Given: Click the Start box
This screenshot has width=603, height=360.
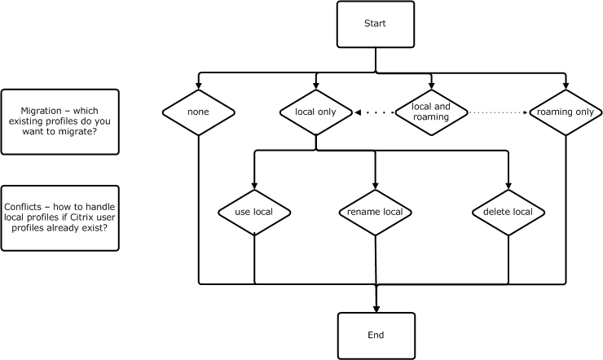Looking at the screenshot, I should click(375, 24).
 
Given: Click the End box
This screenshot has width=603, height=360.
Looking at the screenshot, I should click(376, 336).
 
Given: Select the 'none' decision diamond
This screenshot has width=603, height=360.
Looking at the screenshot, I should click(198, 112).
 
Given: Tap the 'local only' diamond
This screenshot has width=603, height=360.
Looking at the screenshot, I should click(315, 112).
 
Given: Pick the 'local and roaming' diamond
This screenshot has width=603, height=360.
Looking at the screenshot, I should click(431, 112).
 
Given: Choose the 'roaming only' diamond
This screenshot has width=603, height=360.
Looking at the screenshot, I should click(566, 112).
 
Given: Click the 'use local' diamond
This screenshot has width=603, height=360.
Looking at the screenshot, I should click(254, 212).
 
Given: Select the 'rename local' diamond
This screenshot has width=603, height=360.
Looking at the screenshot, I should click(375, 212).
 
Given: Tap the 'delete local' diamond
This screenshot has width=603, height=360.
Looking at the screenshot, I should click(508, 212).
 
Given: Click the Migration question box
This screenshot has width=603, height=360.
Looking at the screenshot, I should click(60, 121).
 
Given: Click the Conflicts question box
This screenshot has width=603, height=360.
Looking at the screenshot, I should click(60, 217).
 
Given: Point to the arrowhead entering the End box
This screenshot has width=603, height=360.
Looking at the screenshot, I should click(376, 309).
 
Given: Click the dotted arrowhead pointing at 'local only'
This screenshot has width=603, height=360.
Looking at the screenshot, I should click(358, 112).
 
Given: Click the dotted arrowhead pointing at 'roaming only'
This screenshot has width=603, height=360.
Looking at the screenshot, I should click(524, 112).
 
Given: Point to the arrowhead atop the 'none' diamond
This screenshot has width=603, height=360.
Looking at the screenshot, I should click(198, 86).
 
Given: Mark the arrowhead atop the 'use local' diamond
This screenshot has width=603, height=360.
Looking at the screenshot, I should click(254, 185).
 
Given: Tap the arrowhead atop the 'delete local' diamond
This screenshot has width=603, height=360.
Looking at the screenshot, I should click(508, 185).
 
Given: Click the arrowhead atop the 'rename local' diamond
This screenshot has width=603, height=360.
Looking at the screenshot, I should click(375, 185).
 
